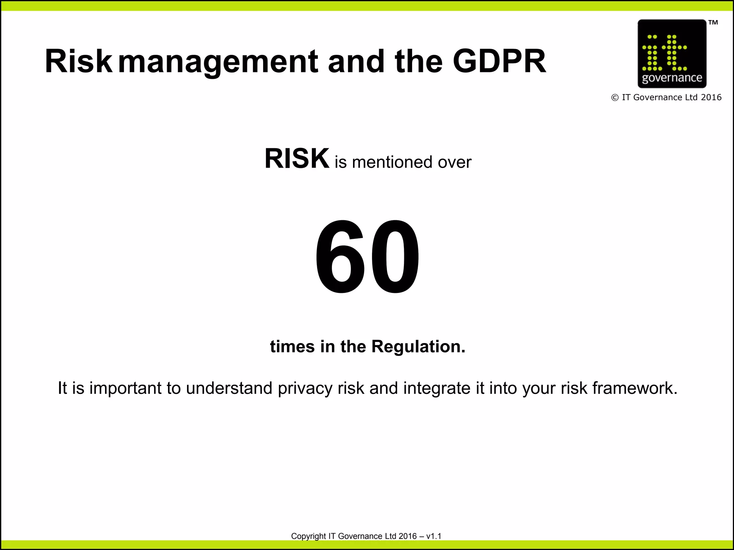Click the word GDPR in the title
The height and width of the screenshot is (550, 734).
point(499,61)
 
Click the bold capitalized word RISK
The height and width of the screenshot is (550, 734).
point(297,159)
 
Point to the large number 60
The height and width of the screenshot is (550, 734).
point(367,257)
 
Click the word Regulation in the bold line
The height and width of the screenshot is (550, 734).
point(418,347)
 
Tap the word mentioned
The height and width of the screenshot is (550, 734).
point(392,162)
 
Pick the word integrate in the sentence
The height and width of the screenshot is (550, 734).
point(437,389)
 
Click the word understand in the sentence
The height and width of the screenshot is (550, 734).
point(229,389)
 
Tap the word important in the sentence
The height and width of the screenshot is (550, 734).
point(125,389)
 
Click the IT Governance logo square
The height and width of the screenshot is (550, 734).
point(672,54)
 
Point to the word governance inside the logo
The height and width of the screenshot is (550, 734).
point(672,78)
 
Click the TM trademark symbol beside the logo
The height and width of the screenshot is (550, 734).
point(713,23)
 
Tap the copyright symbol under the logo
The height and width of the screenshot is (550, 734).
point(615,98)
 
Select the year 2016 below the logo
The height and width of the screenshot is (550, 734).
point(711,97)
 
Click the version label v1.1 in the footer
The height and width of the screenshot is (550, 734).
point(434,536)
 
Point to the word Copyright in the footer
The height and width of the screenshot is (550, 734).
point(308,536)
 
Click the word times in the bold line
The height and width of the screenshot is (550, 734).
point(292,347)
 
